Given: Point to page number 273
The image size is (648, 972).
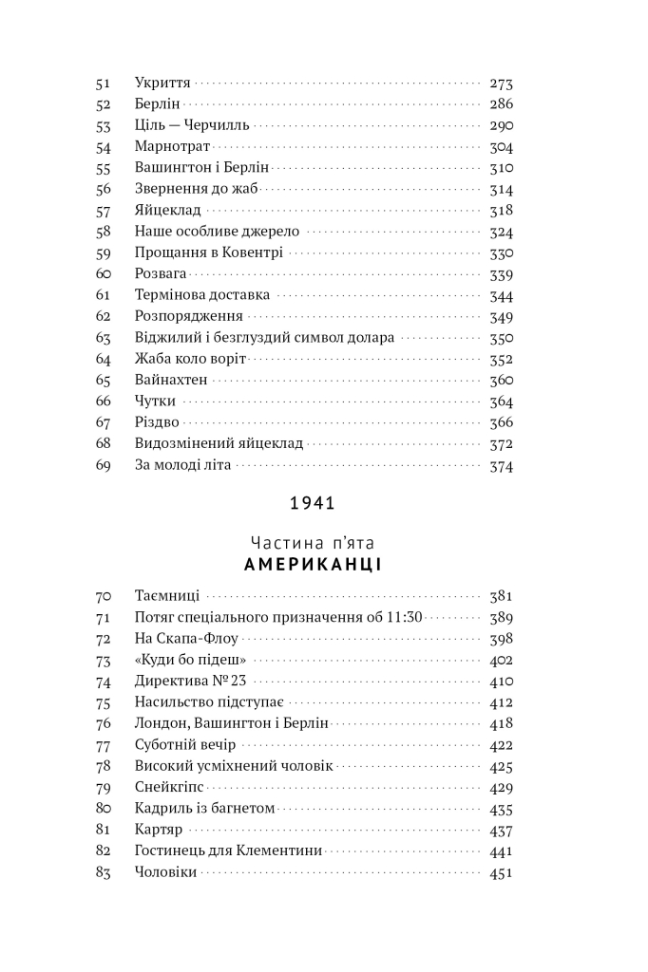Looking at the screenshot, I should point(501,84).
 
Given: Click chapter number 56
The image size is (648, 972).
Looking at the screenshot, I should point(105,189).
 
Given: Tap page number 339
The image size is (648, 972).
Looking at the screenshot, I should point(501,274).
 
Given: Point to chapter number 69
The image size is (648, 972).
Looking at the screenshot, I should point(105,465).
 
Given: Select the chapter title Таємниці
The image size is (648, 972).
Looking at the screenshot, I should point(167,596).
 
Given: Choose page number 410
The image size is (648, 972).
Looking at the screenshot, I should point(501,681).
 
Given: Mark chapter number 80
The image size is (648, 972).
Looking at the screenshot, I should point(105,809).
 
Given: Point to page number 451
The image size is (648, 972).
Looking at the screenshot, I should point(501,872).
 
